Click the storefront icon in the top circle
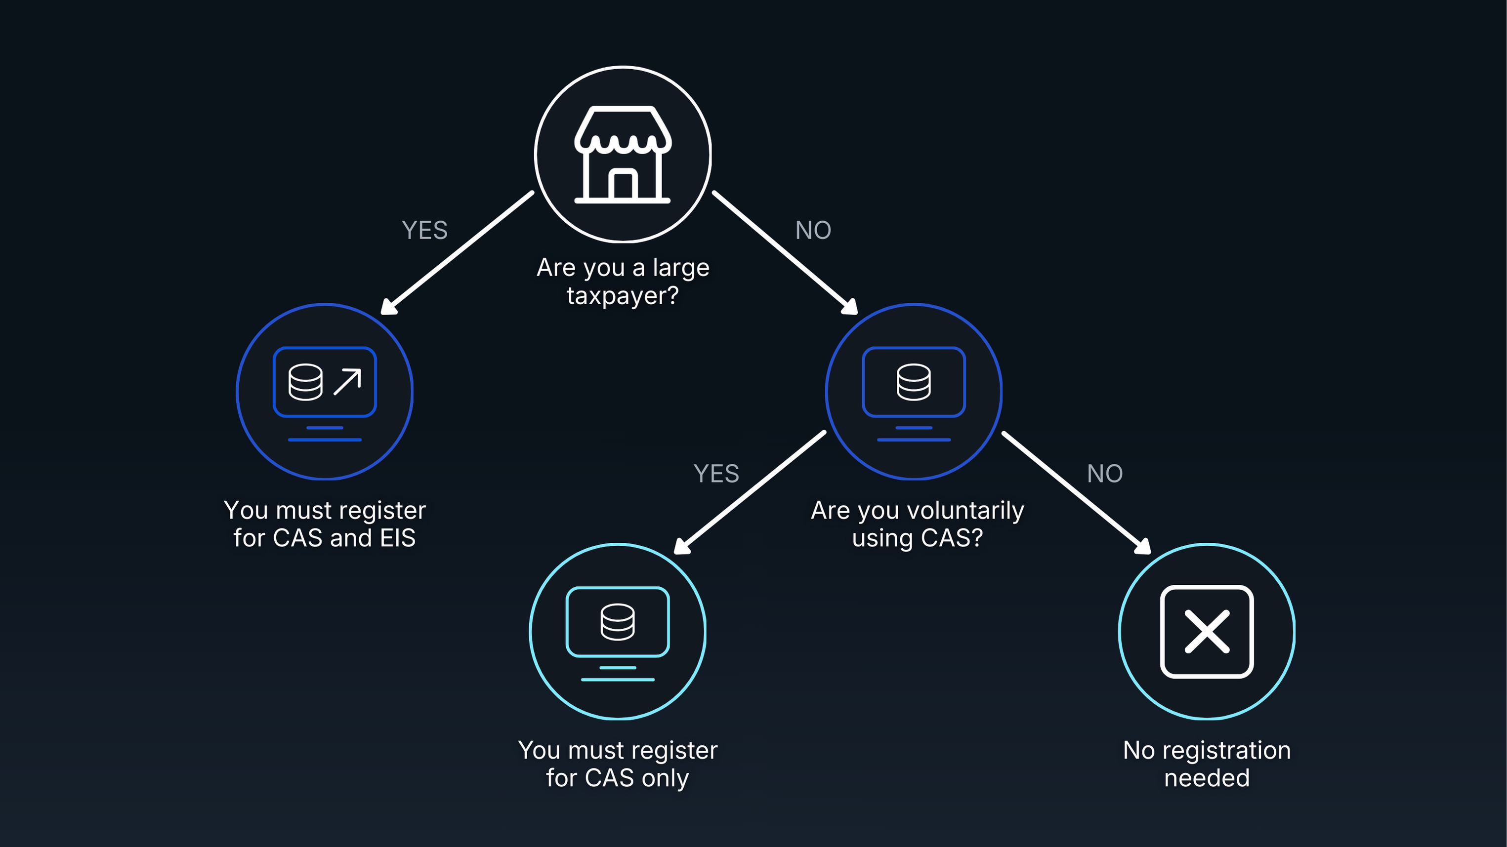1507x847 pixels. point(623,155)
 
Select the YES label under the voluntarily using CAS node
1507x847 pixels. point(716,474)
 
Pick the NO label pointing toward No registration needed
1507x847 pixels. point(1104,474)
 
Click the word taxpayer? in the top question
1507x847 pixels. point(623,296)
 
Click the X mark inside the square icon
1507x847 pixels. point(1207,632)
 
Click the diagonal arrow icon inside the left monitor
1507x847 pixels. point(347,382)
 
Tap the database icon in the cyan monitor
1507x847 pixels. point(617,622)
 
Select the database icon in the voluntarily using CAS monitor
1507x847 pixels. point(913,382)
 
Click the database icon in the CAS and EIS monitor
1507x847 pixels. point(305,382)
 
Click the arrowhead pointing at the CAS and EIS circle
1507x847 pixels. point(388,307)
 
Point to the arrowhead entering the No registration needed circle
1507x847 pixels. point(1143,547)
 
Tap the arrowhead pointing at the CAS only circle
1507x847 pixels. point(681,547)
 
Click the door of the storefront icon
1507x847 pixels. point(623,185)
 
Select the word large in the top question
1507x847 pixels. point(681,268)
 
